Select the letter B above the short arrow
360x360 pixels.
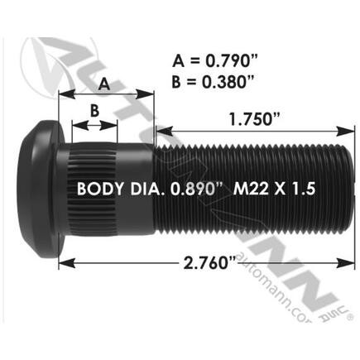pyautogui.click(x=94, y=110)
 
